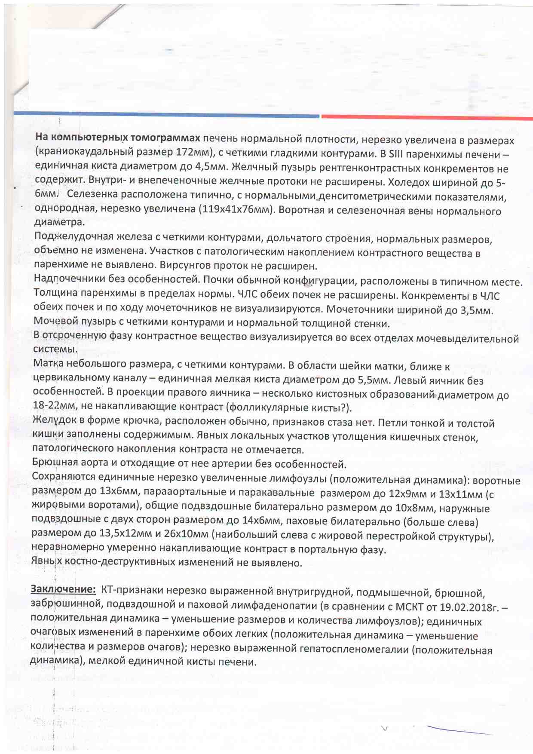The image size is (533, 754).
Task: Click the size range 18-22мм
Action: (54, 405)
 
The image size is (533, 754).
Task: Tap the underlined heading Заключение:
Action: (63, 589)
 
